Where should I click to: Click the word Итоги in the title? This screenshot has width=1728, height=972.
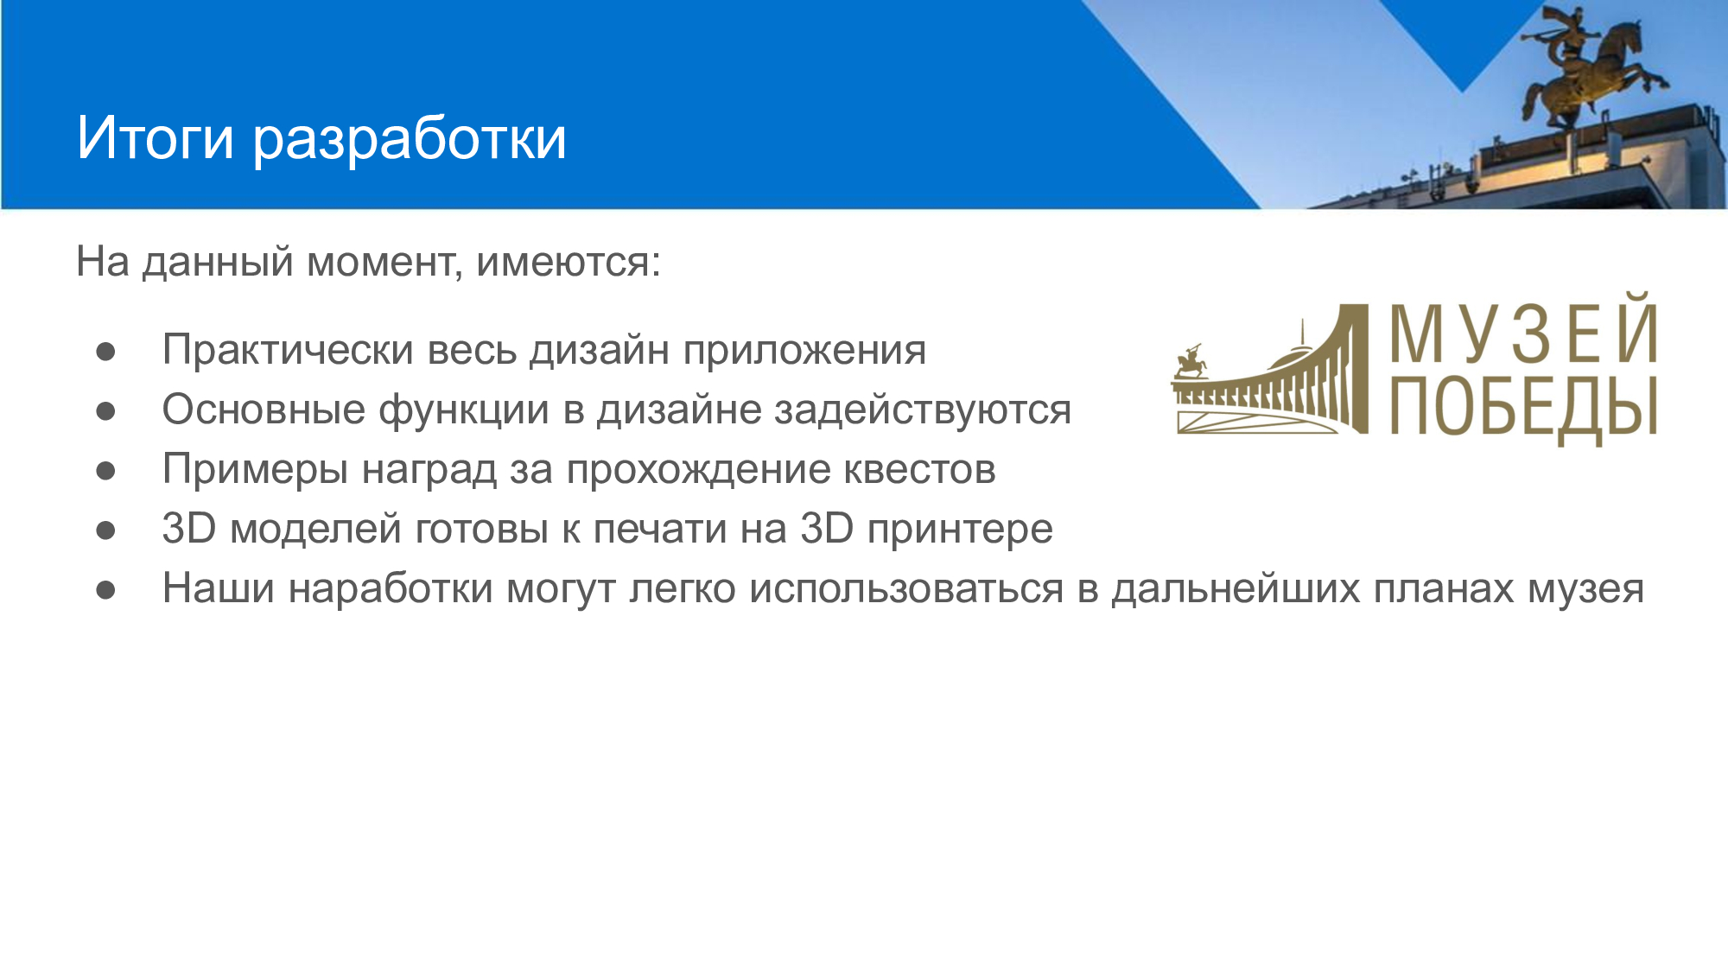[156, 138]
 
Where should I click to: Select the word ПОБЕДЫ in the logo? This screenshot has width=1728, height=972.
[1524, 407]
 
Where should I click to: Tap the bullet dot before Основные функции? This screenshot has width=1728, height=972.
[106, 410]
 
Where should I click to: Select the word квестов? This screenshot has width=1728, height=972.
[919, 470]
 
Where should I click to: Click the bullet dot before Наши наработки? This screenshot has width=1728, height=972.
[106, 590]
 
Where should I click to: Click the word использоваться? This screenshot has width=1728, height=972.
[906, 589]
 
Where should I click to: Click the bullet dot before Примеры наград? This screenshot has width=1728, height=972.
[106, 471]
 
